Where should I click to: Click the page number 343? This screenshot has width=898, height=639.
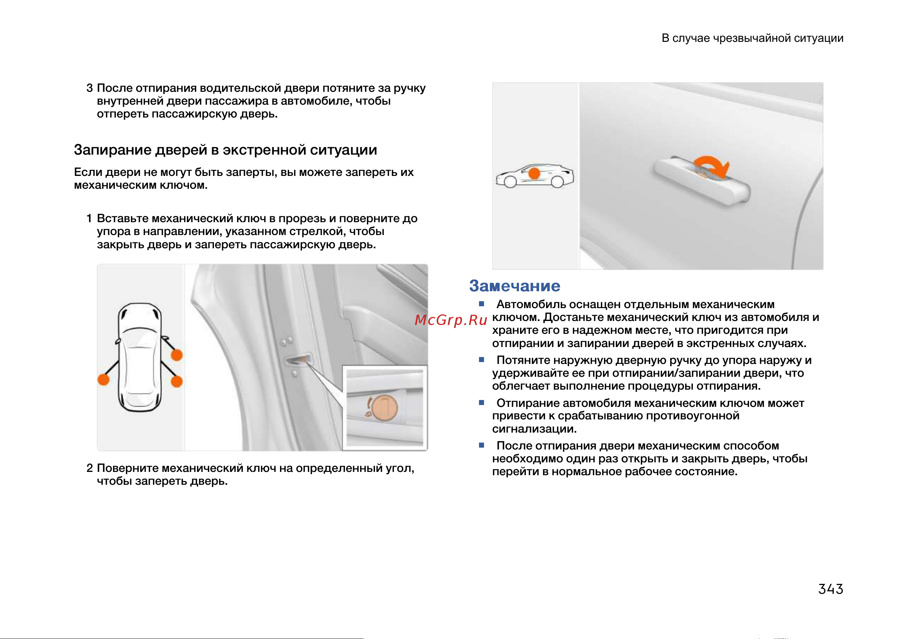tap(830, 589)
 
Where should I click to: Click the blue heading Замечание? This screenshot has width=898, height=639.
tap(515, 286)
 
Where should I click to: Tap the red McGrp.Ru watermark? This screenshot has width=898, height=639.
tap(451, 320)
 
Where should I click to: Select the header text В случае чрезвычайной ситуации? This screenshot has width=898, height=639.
tap(753, 38)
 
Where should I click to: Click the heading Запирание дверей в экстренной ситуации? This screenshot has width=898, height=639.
tap(225, 150)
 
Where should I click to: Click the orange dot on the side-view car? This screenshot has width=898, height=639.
tap(534, 173)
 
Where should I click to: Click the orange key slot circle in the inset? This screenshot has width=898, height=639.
tap(385, 408)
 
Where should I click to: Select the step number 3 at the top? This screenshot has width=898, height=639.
tap(90, 88)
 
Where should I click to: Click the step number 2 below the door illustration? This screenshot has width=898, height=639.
tap(90, 468)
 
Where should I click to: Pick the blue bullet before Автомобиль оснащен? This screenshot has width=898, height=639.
tap(481, 304)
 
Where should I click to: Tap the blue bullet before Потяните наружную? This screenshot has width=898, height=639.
tap(481, 360)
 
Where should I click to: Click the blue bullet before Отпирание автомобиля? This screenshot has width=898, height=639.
tap(481, 402)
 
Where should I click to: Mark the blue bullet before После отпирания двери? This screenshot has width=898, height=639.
tap(481, 445)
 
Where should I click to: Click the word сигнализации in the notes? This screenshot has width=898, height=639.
tap(534, 429)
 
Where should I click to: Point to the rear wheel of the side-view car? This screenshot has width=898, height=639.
tap(557, 181)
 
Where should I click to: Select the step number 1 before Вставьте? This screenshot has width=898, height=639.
tap(89, 219)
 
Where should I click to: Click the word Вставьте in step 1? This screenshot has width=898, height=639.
tap(123, 219)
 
